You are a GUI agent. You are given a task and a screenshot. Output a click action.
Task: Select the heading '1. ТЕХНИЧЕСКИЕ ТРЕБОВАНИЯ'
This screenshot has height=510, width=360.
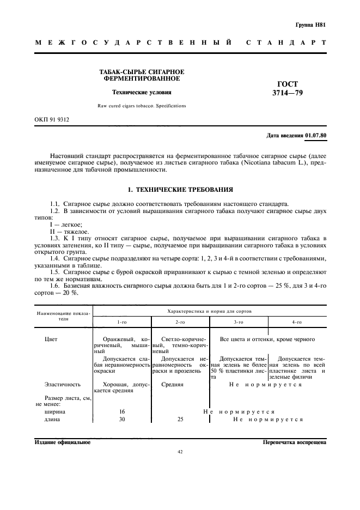click(x=180, y=190)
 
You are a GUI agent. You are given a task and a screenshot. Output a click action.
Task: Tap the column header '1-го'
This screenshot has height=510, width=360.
click(x=121, y=323)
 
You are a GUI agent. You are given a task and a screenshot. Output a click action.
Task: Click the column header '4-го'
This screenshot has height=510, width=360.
click(x=297, y=323)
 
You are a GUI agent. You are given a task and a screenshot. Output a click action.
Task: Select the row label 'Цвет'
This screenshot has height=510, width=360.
click(x=51, y=339)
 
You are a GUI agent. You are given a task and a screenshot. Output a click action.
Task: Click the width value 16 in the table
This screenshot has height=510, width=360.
click(x=122, y=412)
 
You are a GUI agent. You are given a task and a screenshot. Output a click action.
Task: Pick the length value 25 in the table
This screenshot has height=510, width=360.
click(x=180, y=420)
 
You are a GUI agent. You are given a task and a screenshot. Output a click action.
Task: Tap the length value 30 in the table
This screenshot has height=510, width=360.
click(x=122, y=420)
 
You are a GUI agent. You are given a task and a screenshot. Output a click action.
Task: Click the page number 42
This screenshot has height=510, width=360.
click(x=180, y=452)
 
